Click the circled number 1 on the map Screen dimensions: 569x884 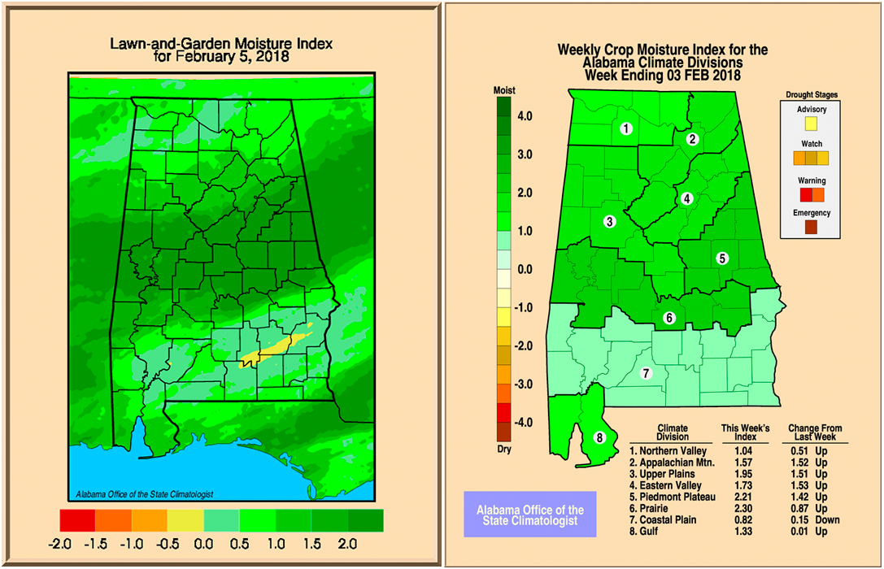(626, 128)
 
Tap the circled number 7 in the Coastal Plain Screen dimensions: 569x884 (647, 374)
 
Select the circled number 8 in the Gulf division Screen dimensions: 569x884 (600, 437)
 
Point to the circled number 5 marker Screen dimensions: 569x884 (721, 258)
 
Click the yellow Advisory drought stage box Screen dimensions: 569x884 (810, 124)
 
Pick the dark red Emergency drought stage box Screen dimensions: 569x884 (811, 228)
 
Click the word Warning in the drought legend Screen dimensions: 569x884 (811, 180)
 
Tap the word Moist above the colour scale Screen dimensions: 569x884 (505, 89)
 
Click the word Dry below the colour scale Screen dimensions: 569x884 (504, 448)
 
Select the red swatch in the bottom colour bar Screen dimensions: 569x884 (77, 519)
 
